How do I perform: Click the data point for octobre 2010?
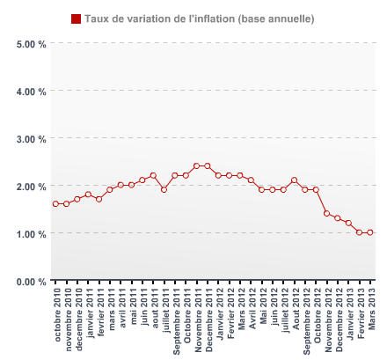55,204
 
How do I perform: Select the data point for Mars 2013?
370,232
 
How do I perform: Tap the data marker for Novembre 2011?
196,165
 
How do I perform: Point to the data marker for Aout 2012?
294,180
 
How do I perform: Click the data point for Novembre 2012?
326,213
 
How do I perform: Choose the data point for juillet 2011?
164,189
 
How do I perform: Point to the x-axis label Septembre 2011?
175,317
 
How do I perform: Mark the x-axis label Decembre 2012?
338,318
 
